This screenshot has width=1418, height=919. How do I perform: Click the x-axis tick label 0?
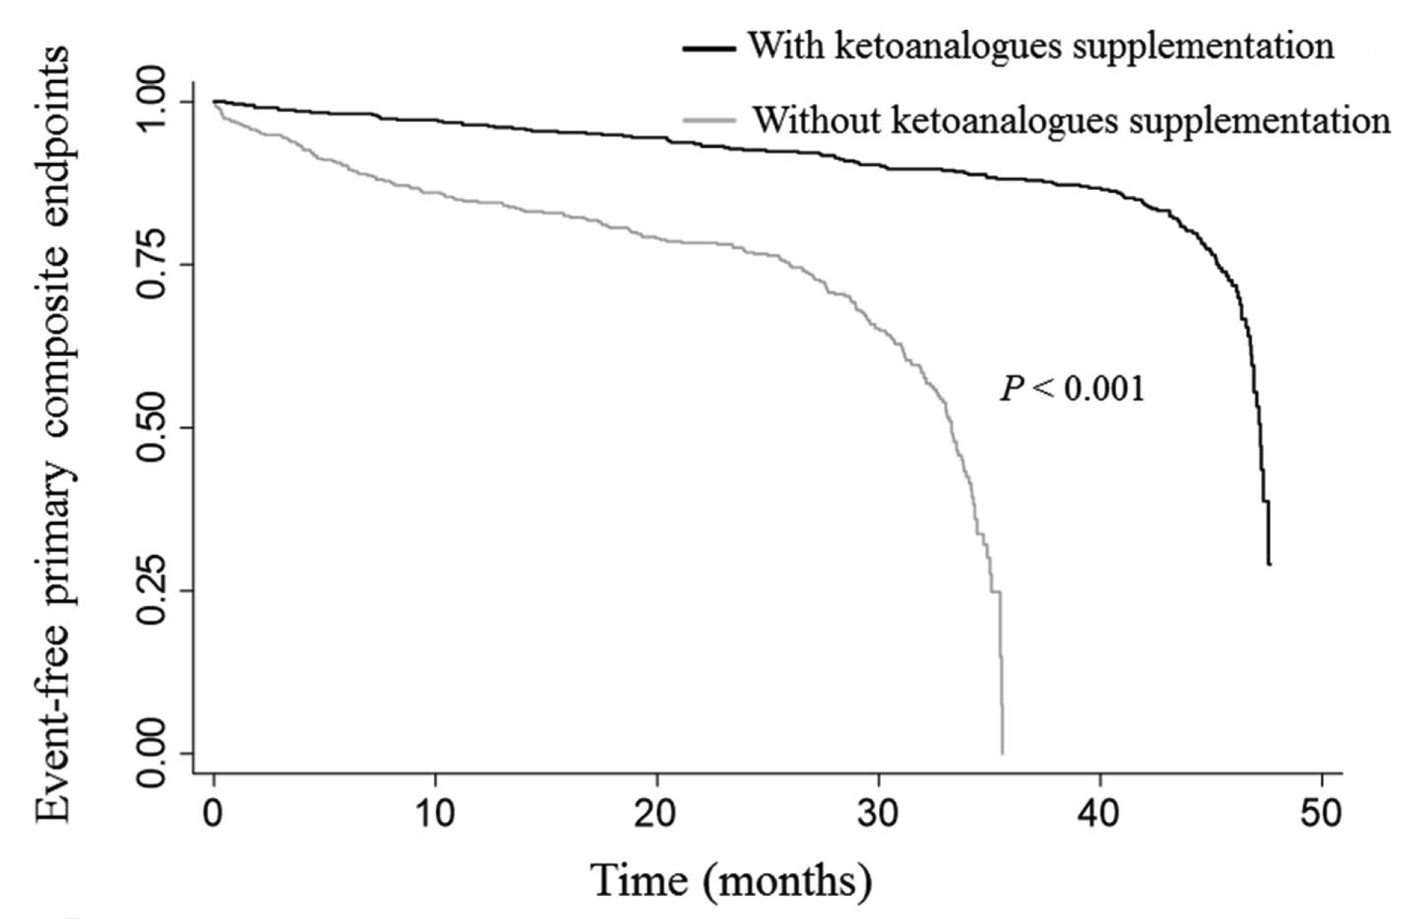pyautogui.click(x=214, y=814)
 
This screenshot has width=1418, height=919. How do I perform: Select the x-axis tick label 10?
pyautogui.click(x=435, y=814)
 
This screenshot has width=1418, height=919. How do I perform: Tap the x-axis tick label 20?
pyautogui.click(x=656, y=814)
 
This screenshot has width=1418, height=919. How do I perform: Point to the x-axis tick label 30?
pyautogui.click(x=878, y=814)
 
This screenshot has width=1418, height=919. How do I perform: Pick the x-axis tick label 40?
pyautogui.click(x=1099, y=814)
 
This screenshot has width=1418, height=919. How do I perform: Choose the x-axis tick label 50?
pyautogui.click(x=1321, y=814)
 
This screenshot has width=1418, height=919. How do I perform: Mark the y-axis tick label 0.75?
pyautogui.click(x=153, y=264)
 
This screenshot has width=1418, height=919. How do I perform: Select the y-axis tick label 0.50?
pyautogui.click(x=153, y=428)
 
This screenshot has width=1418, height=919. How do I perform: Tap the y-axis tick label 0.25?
pyautogui.click(x=153, y=590)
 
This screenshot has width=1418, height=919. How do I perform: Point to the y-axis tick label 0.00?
pyautogui.click(x=153, y=754)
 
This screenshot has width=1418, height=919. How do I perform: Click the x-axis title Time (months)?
pyautogui.click(x=732, y=881)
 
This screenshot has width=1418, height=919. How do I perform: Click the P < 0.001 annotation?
pyautogui.click(x=1072, y=388)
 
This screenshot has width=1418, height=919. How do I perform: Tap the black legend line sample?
pyautogui.click(x=709, y=49)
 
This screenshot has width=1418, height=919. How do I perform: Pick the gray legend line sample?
pyautogui.click(x=709, y=120)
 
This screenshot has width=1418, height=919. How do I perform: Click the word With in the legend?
pyautogui.click(x=785, y=46)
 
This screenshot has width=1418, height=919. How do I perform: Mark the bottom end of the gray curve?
pyautogui.click(x=1003, y=753)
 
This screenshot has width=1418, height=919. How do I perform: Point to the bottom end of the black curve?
pyautogui.click(x=1269, y=564)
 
